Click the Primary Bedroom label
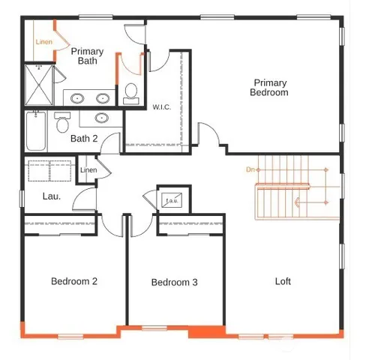tap(269, 88)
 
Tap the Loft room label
tap(283, 281)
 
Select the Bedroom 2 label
tap(73, 281)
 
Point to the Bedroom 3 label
tap(174, 283)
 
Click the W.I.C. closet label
tap(162, 107)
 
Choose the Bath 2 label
tap(84, 138)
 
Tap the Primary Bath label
tap(87, 56)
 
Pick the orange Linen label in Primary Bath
tap(44, 42)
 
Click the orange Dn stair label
tap(250, 170)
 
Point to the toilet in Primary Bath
tap(131, 92)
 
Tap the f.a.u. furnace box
tap(172, 199)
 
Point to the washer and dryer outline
tap(49, 172)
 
